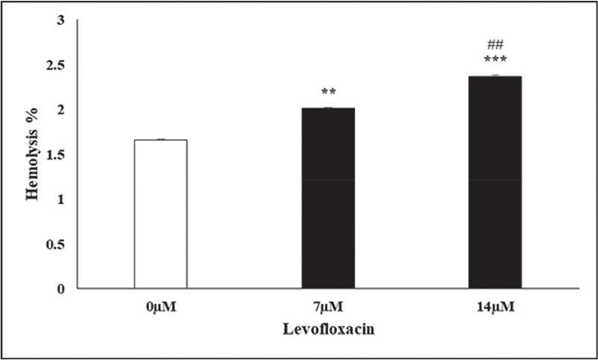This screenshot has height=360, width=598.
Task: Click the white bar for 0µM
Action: coord(161,214)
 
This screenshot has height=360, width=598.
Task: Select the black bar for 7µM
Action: coord(328,198)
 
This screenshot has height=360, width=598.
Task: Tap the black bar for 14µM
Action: coord(495,182)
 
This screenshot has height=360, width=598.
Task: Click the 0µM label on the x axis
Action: coord(161,307)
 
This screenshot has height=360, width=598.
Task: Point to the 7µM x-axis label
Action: coord(328,307)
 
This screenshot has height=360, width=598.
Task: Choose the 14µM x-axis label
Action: coord(495,307)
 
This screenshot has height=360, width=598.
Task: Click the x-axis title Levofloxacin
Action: coord(327,329)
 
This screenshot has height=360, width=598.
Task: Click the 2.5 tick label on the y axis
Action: coord(56,65)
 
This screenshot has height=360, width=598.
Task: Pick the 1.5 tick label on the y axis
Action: coord(56,155)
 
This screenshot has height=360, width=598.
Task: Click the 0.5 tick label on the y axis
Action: coord(56,244)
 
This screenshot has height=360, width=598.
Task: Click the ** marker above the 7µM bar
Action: coord(328,93)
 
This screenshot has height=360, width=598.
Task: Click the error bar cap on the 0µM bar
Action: coord(161,140)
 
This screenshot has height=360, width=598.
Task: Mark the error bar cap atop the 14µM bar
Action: coord(495,75)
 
